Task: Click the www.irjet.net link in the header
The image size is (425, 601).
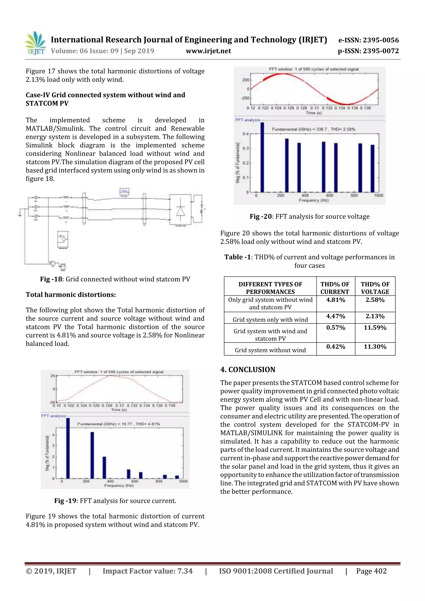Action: point(208,51)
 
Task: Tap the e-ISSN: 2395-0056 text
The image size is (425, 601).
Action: point(368,40)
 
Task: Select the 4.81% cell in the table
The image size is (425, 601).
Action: point(335,300)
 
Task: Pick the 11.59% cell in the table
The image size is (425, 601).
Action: point(375,328)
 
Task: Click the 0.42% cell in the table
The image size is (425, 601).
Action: point(335,347)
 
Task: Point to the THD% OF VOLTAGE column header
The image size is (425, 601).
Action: point(375,288)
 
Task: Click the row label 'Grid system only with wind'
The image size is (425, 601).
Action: point(270,320)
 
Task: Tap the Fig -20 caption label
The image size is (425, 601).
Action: point(261,216)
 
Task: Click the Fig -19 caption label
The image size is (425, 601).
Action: point(65,501)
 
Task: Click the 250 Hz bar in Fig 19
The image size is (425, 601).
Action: point(92,455)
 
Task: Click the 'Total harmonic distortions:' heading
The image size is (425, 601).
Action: point(71,295)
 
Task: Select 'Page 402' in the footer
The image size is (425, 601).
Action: point(371,571)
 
